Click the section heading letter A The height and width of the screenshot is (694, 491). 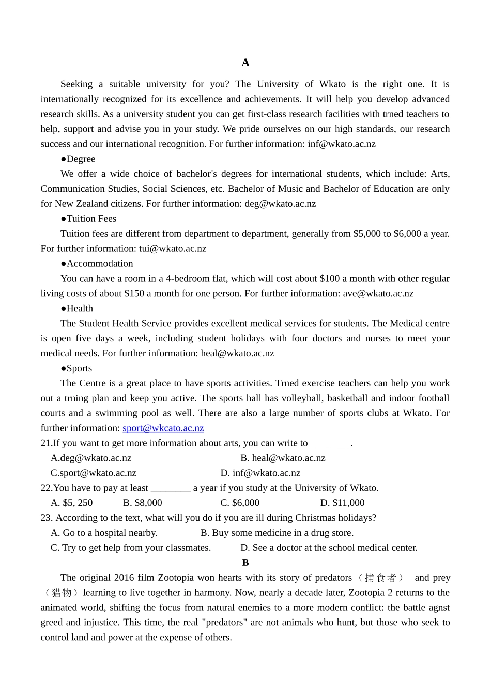pyautogui.click(x=245, y=63)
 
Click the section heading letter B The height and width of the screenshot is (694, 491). pyautogui.click(x=245, y=563)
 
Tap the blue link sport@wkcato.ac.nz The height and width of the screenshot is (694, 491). pyautogui.click(x=163, y=428)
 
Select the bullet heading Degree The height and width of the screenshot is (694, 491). pyautogui.click(x=78, y=159)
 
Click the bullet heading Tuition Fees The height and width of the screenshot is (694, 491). pyautogui.click(x=88, y=219)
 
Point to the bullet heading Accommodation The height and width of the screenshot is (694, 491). pyautogui.click(x=97, y=264)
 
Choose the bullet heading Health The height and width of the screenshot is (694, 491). pyautogui.click(x=77, y=309)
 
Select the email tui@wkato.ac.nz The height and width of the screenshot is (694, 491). pyautogui.click(x=173, y=249)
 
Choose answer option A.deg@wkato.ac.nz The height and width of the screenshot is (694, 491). pyautogui.click(x=91, y=458)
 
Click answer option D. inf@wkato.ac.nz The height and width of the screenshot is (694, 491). pyautogui.click(x=260, y=473)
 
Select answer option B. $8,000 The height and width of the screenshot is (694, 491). pyautogui.click(x=143, y=503)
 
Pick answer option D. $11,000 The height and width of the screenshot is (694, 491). pyautogui.click(x=342, y=503)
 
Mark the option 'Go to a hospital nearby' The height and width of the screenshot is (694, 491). pyautogui.click(x=104, y=533)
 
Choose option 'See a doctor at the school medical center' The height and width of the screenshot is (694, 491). pyautogui.click(x=329, y=548)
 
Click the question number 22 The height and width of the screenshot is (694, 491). pyautogui.click(x=46, y=488)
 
